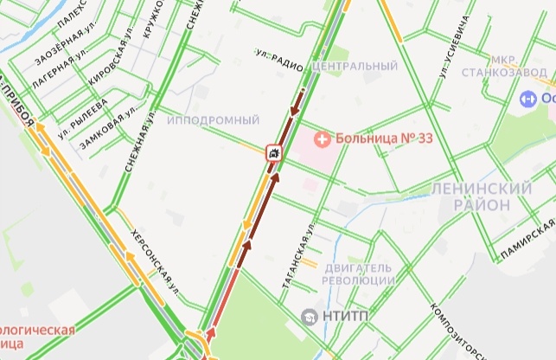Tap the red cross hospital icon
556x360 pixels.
coord(321,137)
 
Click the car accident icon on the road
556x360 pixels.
coord(272,153)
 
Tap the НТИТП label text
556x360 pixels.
coord(346,317)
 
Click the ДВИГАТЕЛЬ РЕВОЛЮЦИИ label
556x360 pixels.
coord(358,274)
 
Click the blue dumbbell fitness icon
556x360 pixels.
coord(524,100)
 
